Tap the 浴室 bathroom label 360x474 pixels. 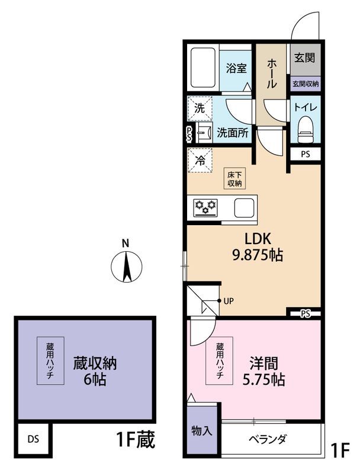click(x=236, y=68)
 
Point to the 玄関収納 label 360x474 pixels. click(x=305, y=84)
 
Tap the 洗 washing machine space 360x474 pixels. click(x=200, y=108)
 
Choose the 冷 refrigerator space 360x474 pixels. click(x=200, y=159)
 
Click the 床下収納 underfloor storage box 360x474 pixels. click(x=234, y=178)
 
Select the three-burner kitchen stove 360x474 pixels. click(x=206, y=207)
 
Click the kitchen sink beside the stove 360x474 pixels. click(x=245, y=207)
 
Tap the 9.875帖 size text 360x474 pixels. click(x=256, y=255)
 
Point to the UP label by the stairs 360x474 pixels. click(x=229, y=301)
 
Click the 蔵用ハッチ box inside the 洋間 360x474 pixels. click(x=219, y=361)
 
